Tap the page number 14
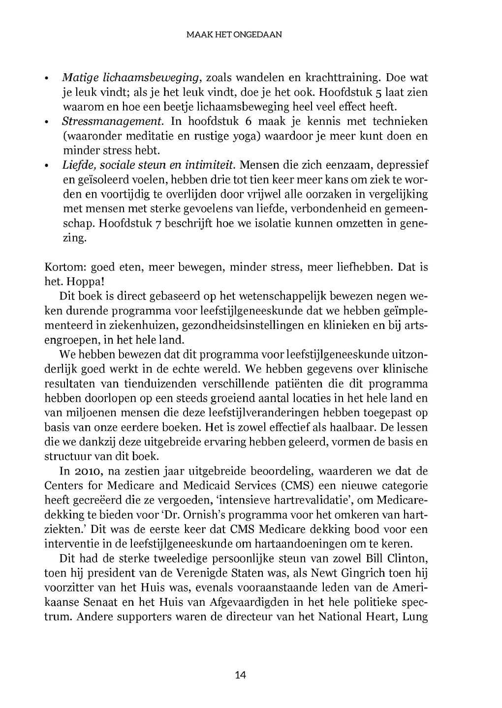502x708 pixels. tap(241, 675)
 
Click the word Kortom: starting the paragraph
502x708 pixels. tap(65, 267)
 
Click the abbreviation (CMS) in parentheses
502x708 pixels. tap(295, 486)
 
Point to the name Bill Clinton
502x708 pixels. tap(397, 559)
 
